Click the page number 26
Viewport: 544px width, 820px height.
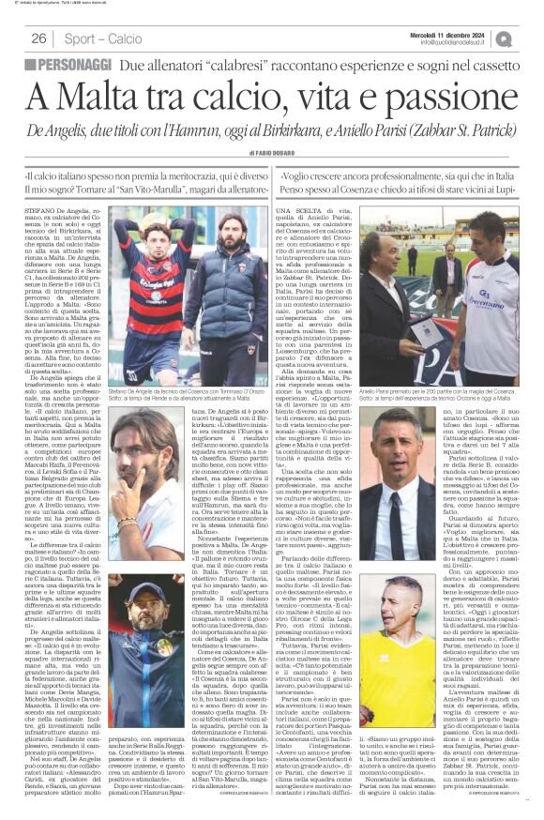point(38,38)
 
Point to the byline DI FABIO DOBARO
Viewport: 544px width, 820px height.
point(272,155)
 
